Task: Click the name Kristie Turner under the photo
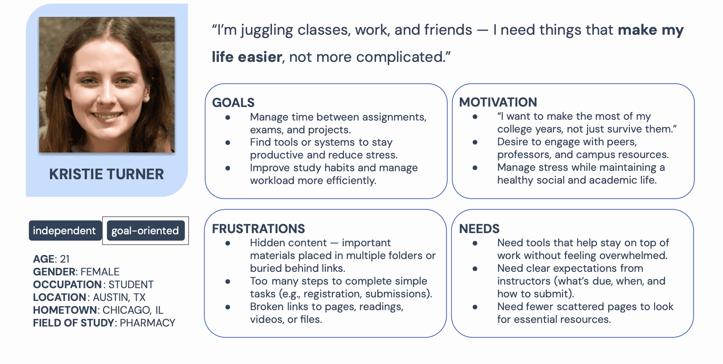(106, 174)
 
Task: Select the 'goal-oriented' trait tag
(145, 231)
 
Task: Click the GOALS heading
(233, 103)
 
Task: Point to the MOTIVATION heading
(498, 102)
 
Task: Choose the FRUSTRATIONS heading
(258, 229)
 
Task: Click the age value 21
(65, 259)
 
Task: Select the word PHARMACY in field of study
(148, 323)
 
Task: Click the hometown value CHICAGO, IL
(133, 310)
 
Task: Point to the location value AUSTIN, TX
(119, 297)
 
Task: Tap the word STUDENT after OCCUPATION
(131, 285)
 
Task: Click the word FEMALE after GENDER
(100, 272)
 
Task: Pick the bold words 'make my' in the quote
(651, 30)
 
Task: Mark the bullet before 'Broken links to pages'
(228, 307)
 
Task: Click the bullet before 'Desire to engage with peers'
(475, 142)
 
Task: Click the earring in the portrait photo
(147, 96)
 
